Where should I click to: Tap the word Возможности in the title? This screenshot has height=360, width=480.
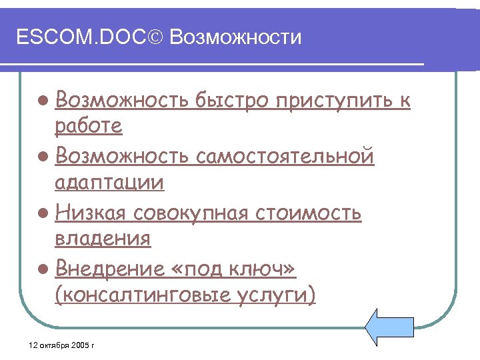(x=235, y=37)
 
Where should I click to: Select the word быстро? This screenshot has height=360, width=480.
(x=232, y=101)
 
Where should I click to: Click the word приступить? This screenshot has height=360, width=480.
(x=335, y=101)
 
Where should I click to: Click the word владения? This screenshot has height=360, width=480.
(x=103, y=238)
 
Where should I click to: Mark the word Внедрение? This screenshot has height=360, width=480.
(x=109, y=269)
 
